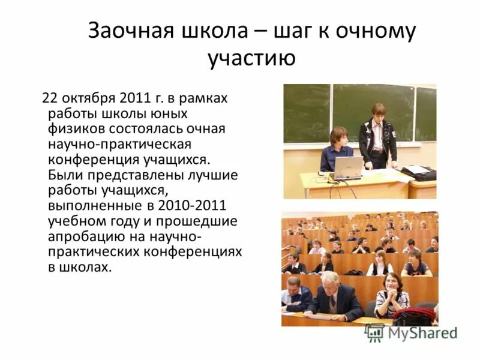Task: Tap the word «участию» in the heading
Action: tap(251, 59)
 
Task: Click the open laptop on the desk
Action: tap(348, 168)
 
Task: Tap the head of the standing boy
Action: tap(378, 111)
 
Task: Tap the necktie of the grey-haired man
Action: tap(332, 303)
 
